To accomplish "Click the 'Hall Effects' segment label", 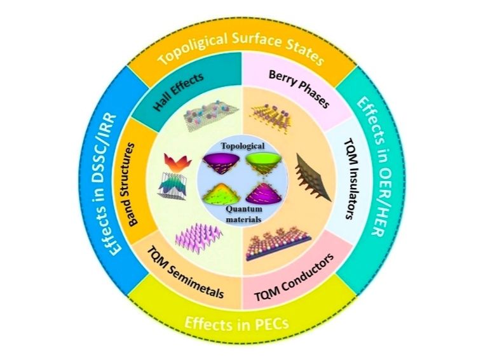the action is (x=179, y=91).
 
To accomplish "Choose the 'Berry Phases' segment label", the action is (x=299, y=89).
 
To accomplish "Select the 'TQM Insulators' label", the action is (x=351, y=179).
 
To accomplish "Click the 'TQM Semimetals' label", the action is (x=185, y=272).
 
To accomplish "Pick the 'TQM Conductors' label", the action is (x=294, y=277).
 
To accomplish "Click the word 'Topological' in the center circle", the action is (x=243, y=146).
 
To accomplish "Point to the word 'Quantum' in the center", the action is (x=244, y=210).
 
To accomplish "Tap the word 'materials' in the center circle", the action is (x=243, y=220).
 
